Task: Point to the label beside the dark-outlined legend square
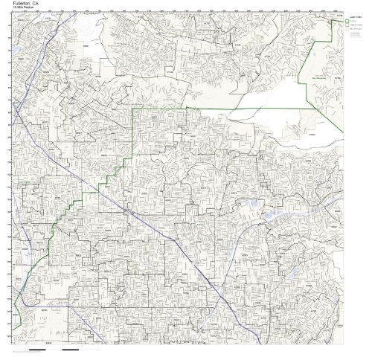pos(356,25)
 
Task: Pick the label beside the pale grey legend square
pos(356,30)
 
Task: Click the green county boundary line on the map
pos(193,109)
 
